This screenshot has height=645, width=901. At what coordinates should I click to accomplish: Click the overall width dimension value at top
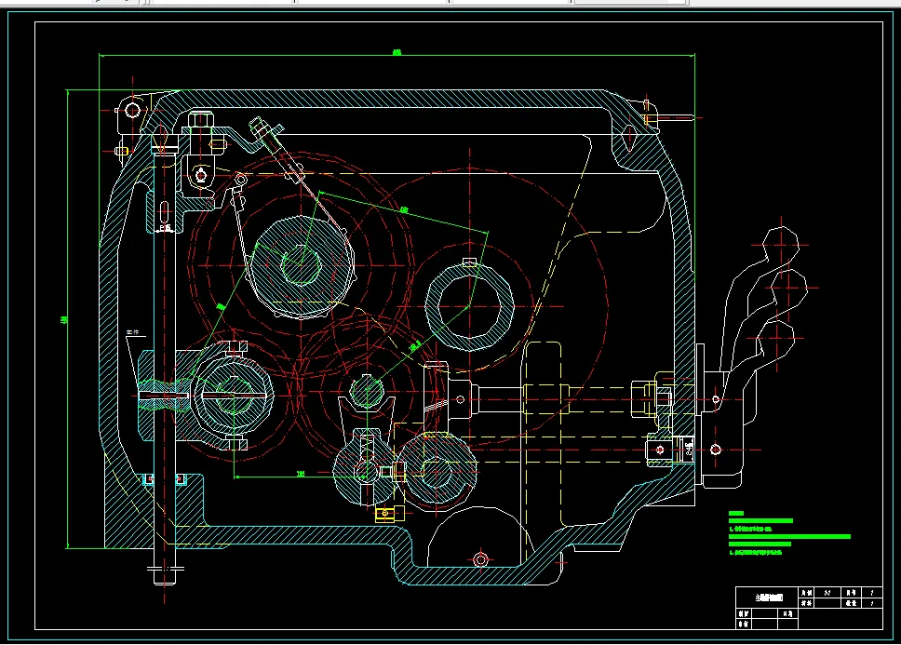397,52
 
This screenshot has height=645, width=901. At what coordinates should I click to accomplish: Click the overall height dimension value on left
63,320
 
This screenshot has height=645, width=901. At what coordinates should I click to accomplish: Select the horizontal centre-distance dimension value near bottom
301,474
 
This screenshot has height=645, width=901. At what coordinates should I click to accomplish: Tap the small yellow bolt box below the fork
383,513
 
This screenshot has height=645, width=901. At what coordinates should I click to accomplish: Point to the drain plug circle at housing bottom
480,559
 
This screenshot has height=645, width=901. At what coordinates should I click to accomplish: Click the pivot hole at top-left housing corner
132,110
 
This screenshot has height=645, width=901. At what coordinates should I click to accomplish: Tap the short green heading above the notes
737,513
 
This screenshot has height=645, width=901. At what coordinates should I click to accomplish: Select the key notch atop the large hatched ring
469,262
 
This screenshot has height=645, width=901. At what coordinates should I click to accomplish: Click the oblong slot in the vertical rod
165,208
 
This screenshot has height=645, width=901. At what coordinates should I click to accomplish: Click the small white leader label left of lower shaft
131,330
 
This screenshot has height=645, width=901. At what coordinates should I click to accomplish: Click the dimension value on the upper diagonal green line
404,210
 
